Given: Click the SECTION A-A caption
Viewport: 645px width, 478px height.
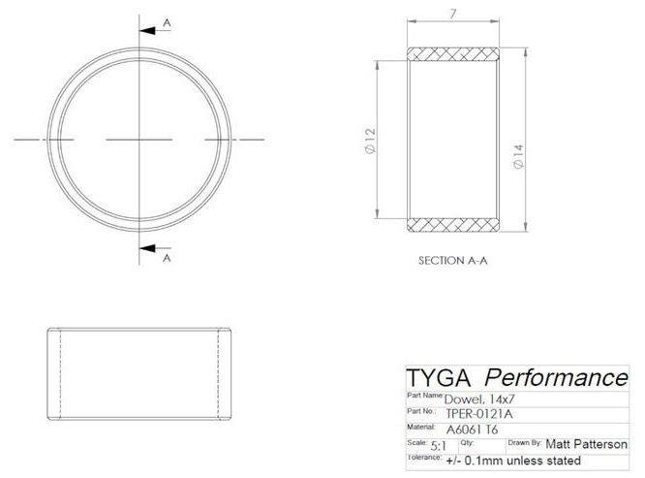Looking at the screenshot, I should tap(452, 261).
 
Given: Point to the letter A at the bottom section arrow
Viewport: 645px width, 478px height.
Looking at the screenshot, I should tap(167, 259).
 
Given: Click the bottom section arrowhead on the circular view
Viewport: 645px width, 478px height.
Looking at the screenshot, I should tap(150, 248).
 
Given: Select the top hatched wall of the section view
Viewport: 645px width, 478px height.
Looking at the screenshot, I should tap(453, 53).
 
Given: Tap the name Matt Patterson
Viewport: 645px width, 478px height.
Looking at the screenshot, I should tap(586, 444).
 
